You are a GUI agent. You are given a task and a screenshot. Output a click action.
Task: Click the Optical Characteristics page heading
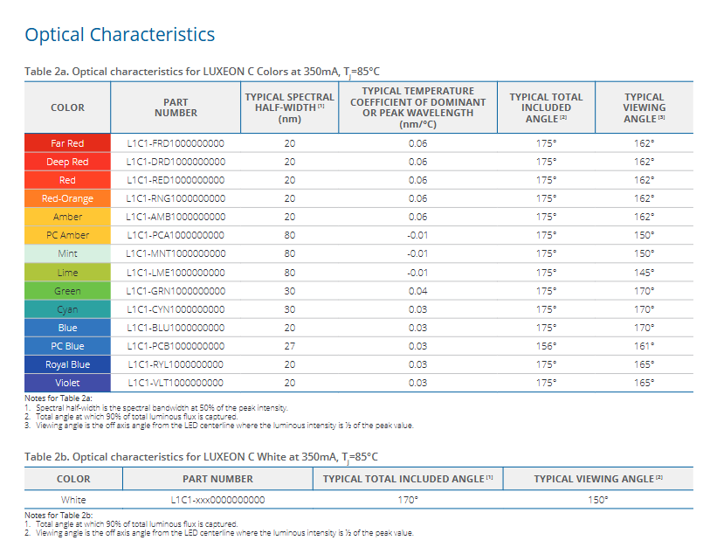click(120, 35)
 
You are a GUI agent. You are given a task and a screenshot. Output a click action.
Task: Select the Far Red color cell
click(67, 143)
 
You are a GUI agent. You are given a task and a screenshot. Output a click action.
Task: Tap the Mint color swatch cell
click(67, 253)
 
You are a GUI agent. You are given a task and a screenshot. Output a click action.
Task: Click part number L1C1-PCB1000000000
click(176, 346)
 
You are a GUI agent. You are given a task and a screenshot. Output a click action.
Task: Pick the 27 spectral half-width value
click(289, 346)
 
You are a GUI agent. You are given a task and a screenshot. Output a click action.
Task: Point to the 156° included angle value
click(546, 346)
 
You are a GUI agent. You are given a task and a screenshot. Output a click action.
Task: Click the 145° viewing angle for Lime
click(645, 273)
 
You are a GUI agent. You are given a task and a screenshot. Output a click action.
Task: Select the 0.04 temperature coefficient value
click(417, 291)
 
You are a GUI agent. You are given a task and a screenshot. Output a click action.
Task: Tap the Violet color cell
click(67, 383)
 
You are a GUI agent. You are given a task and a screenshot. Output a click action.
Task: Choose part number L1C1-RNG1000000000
click(176, 198)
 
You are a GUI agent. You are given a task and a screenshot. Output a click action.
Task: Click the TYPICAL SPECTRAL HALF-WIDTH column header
click(289, 107)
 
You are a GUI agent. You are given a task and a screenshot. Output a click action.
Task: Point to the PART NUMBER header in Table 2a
click(176, 107)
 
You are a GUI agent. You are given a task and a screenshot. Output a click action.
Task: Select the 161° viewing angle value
click(645, 346)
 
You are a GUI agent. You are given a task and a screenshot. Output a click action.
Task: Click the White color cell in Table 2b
click(73, 500)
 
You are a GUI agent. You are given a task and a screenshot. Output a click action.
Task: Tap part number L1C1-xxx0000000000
click(217, 500)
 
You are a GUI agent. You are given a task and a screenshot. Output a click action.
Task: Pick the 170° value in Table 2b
click(408, 500)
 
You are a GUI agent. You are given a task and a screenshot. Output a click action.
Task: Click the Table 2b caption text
click(201, 456)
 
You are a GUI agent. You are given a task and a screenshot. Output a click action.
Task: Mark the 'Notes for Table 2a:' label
click(53, 398)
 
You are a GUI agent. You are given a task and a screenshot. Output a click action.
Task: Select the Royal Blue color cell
click(67, 364)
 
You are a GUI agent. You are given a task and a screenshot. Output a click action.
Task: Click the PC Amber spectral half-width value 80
click(289, 235)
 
